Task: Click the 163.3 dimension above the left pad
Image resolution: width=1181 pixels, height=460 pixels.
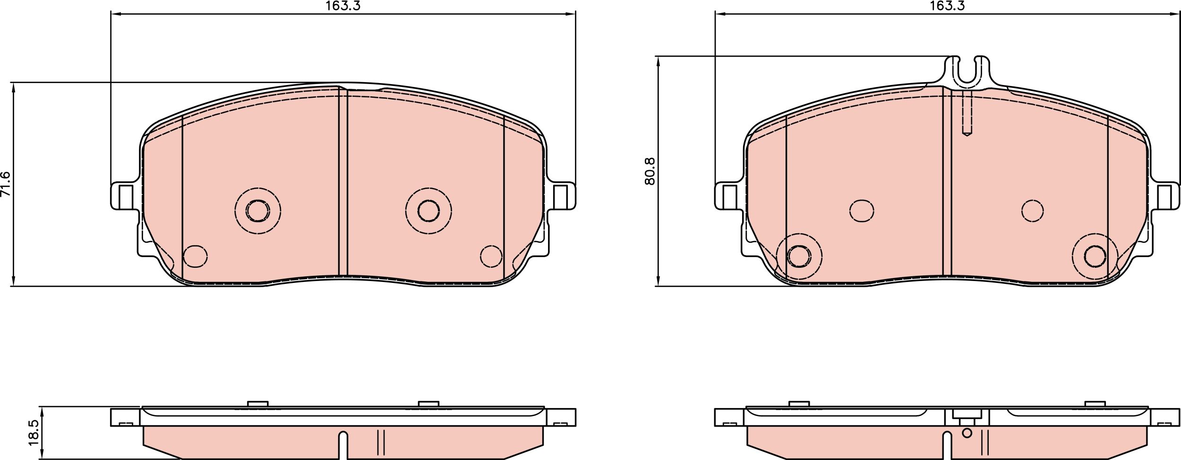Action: [x=343, y=6]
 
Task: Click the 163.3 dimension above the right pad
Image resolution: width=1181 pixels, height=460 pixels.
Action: [x=947, y=6]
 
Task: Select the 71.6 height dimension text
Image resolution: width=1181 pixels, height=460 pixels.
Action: [x=5, y=184]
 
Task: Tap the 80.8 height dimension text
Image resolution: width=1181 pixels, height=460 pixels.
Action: [x=650, y=171]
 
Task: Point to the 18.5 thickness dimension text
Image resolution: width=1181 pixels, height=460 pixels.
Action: [x=33, y=433]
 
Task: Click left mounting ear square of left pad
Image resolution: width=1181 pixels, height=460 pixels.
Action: [x=126, y=197]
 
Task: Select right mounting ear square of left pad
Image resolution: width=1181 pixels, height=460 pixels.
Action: [x=560, y=197]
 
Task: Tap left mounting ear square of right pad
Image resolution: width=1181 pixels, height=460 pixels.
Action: [x=730, y=197]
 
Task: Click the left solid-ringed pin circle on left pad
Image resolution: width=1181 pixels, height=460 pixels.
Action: [x=258, y=211]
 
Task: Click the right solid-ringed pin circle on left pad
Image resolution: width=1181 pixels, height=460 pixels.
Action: [x=428, y=211]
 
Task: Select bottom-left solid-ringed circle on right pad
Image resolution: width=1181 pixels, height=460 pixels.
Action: [x=799, y=256]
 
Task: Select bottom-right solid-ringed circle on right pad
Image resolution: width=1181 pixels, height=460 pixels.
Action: [x=1095, y=256]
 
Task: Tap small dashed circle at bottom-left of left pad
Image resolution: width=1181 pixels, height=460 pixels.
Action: [x=195, y=256]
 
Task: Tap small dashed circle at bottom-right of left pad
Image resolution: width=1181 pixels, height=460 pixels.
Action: [x=491, y=256]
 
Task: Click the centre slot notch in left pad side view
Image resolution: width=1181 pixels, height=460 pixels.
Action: [x=343, y=444]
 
